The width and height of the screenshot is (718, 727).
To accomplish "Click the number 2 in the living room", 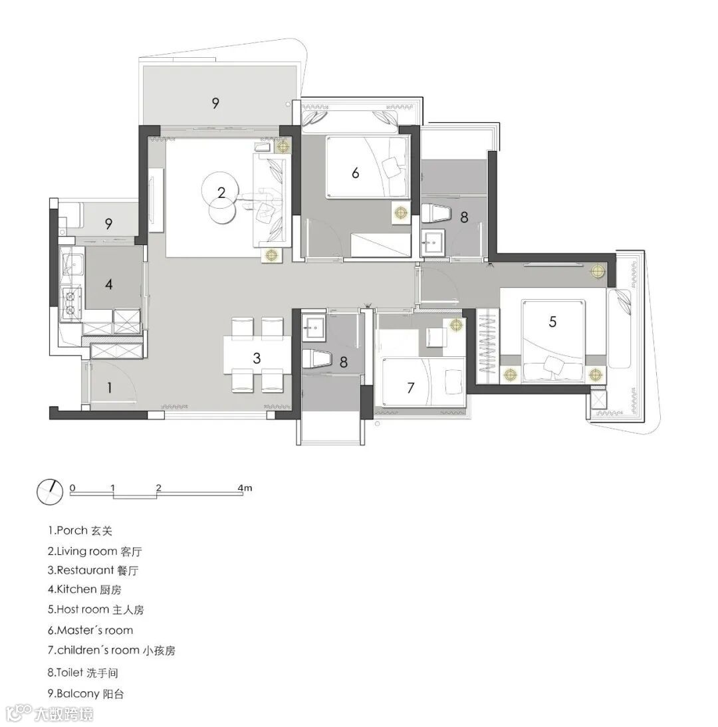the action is tap(221, 192).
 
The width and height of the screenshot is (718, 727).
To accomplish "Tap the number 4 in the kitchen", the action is tap(109, 284).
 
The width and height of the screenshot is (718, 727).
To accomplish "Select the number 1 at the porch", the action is tap(110, 387).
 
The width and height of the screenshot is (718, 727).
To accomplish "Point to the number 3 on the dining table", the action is tap(257, 358).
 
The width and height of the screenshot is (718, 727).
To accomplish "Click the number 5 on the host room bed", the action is tap(552, 322).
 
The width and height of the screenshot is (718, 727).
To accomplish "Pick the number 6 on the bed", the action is tap(355, 173).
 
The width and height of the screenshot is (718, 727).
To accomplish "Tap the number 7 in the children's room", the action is tap(410, 387).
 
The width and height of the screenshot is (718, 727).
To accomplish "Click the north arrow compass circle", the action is tap(50, 492).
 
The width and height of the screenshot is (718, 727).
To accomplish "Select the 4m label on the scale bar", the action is tap(245, 488).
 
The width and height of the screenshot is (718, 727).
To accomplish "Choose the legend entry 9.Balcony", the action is tap(86, 694).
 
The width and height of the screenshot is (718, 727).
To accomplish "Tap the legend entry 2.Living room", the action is tap(94, 552).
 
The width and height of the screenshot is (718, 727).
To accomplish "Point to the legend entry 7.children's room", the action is tap(111, 651).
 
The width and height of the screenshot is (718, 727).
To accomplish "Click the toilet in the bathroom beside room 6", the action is tap(437, 214).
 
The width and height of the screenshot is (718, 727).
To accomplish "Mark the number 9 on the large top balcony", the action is tap(215, 103).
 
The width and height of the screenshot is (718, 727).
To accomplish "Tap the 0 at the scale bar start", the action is tap(72, 488).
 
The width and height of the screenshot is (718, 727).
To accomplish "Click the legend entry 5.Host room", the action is tap(96, 609).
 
